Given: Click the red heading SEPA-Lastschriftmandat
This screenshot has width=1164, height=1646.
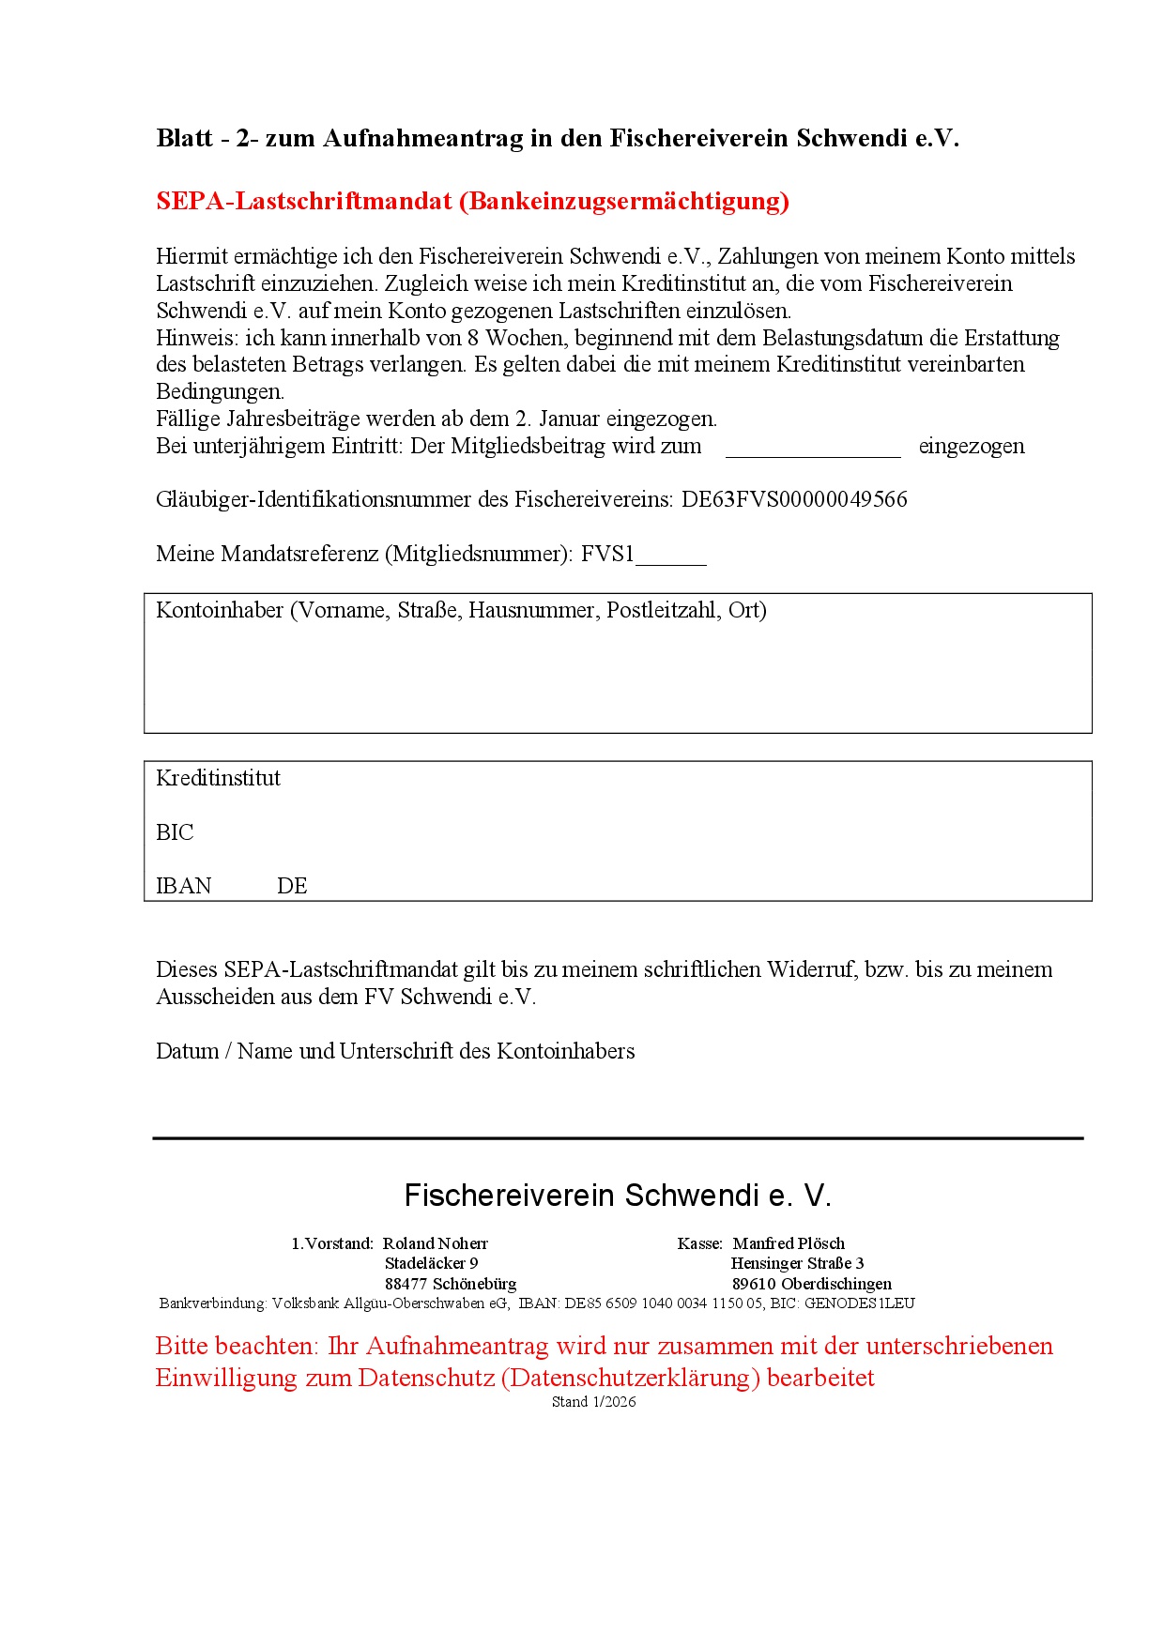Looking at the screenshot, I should coord(472,201).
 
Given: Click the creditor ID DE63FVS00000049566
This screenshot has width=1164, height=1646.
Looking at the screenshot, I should coord(794,499).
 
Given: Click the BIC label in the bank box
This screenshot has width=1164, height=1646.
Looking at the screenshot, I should coord(175,832).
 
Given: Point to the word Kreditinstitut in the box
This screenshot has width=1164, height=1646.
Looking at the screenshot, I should coord(218,778).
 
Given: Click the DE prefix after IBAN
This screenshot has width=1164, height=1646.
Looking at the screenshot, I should coord(292,886).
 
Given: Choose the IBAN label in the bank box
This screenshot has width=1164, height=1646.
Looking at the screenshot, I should coord(184,886).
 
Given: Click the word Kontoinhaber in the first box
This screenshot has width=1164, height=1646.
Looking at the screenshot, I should coord(220,610).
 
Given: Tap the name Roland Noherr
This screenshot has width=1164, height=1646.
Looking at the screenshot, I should coord(436,1243).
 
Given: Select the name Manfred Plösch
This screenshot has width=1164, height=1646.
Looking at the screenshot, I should coord(789,1243).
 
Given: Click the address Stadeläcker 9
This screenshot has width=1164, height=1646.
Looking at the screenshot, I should coord(431,1263).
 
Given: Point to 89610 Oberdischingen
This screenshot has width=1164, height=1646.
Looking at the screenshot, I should coord(812,1284).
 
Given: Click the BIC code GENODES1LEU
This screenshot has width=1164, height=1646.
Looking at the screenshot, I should coord(859,1303).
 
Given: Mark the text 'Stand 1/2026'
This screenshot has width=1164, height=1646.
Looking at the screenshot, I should coord(593,1402).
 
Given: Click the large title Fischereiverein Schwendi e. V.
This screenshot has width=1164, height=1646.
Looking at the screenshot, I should coord(618,1196).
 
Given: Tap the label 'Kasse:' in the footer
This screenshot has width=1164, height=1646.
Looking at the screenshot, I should coord(700,1243).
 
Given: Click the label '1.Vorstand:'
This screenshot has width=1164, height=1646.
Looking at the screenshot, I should coord(332,1243).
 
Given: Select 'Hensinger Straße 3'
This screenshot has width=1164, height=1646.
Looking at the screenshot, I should coord(797,1263).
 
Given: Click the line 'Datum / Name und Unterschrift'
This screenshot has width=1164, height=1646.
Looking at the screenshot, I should coord(395,1051).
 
